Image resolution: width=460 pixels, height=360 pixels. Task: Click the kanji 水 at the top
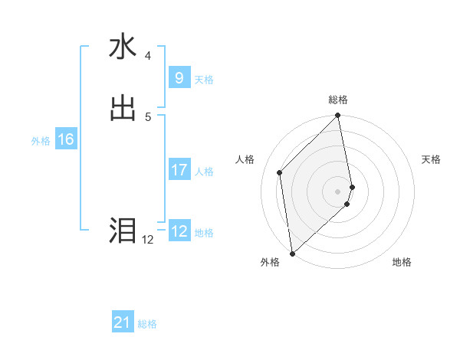tap(123, 48)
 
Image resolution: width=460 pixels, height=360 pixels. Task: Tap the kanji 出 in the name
tap(123, 108)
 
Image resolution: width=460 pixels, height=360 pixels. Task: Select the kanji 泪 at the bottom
tap(123, 230)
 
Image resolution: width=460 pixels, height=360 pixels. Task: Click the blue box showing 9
tap(179, 77)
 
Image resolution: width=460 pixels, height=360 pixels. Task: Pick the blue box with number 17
tap(179, 170)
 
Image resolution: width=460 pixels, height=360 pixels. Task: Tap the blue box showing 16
tap(66, 139)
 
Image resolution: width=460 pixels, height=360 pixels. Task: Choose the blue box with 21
tap(123, 322)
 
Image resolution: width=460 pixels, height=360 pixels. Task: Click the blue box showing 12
tap(179, 231)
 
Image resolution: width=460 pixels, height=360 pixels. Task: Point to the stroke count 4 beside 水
tap(147, 56)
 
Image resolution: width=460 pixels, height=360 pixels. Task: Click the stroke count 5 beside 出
tap(147, 116)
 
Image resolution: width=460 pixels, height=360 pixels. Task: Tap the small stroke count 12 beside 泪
tap(147, 240)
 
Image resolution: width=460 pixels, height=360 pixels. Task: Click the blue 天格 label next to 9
tap(204, 79)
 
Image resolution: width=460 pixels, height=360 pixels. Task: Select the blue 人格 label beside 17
tap(204, 172)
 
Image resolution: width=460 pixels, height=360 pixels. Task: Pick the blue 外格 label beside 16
tap(41, 141)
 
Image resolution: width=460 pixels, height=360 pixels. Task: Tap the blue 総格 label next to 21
tap(147, 324)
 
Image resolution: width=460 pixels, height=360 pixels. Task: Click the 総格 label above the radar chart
tap(338, 100)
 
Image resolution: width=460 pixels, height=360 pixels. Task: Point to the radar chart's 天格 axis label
tap(431, 159)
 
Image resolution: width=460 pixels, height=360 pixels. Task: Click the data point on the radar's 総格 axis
tap(338, 116)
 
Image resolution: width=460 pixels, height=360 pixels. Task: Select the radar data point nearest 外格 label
tap(292, 253)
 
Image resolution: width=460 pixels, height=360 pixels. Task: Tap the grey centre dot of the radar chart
tap(338, 191)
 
